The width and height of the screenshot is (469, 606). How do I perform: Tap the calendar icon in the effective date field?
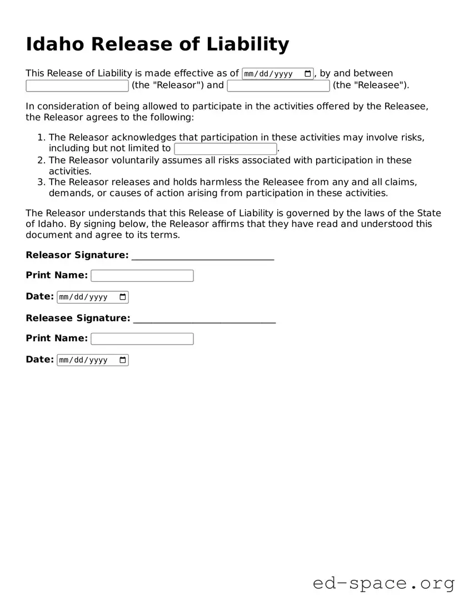(308, 74)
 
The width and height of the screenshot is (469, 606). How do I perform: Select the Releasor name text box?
(77, 85)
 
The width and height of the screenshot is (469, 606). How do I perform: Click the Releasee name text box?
(278, 85)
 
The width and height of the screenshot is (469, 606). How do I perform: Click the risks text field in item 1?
(225, 149)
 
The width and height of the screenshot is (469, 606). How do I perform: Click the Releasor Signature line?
(203, 256)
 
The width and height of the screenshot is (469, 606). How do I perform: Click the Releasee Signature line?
(204, 320)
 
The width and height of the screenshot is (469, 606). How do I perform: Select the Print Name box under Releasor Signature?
(142, 276)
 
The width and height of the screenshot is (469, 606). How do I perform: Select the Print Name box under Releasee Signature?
(142, 339)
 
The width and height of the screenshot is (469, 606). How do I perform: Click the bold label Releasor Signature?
(77, 255)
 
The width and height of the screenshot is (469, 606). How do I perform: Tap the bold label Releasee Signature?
(78, 318)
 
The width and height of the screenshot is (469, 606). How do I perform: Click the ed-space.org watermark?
(383, 583)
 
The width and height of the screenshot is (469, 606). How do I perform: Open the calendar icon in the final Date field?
(123, 360)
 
